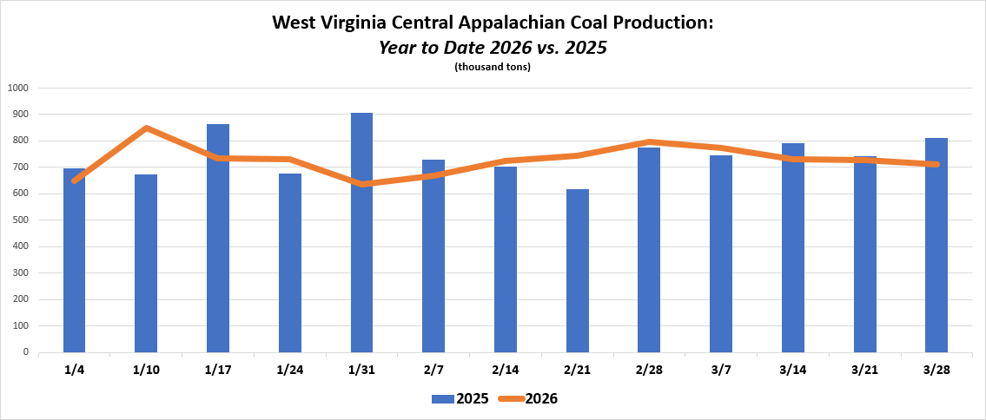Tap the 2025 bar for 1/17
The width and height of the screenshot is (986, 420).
218,239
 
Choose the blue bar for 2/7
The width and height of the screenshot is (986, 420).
433,256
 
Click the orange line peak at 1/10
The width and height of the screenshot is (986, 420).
146,128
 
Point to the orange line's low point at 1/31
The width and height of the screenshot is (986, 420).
361,184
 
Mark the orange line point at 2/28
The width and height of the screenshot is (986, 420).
649,141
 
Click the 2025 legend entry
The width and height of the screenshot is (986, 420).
460,399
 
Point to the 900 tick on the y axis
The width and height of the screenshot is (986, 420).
19,115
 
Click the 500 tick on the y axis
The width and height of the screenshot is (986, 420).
19,220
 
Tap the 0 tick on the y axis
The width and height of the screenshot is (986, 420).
26,353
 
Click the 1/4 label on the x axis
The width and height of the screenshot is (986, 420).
75,371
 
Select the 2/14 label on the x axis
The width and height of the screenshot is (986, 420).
506,371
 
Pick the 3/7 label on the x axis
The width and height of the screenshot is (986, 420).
721,371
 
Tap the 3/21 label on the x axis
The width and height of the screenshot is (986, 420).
864,371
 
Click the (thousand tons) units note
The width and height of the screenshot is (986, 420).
493,67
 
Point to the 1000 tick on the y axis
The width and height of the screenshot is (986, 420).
17,88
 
